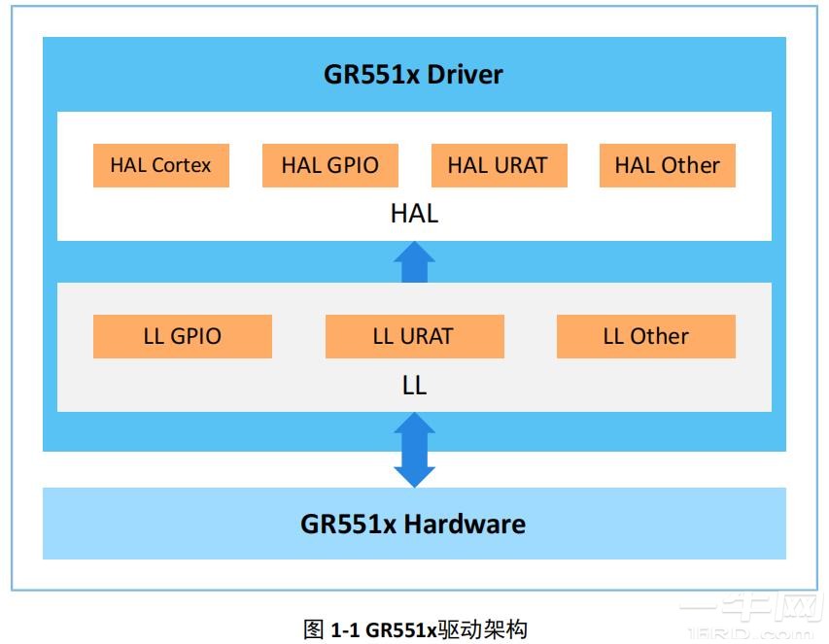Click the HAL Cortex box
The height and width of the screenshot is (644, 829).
tap(160, 165)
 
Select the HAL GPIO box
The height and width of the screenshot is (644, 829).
tap(329, 165)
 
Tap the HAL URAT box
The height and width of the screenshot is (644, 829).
tap(499, 165)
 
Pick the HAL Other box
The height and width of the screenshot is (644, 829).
tap(667, 165)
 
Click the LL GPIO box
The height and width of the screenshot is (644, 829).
tap(182, 337)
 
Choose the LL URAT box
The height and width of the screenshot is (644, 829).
tap(414, 337)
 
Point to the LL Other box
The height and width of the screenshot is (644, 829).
tap(645, 337)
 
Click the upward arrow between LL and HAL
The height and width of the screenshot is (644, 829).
tap(415, 261)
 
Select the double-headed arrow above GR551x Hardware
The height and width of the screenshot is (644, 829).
tap(415, 450)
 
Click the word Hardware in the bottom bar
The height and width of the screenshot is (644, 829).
tap(465, 525)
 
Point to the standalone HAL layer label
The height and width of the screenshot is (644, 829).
tap(414, 214)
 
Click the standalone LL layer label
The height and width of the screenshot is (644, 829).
tap(414, 385)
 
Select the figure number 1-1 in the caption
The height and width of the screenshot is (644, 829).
tap(345, 629)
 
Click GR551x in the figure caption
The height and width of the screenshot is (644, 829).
tap(400, 629)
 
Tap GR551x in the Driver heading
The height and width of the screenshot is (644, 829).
tap(365, 75)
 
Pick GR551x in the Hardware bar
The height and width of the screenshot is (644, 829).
tap(348, 525)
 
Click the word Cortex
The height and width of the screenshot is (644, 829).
tap(182, 165)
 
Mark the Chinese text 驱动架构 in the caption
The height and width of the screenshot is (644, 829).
tap(483, 629)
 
